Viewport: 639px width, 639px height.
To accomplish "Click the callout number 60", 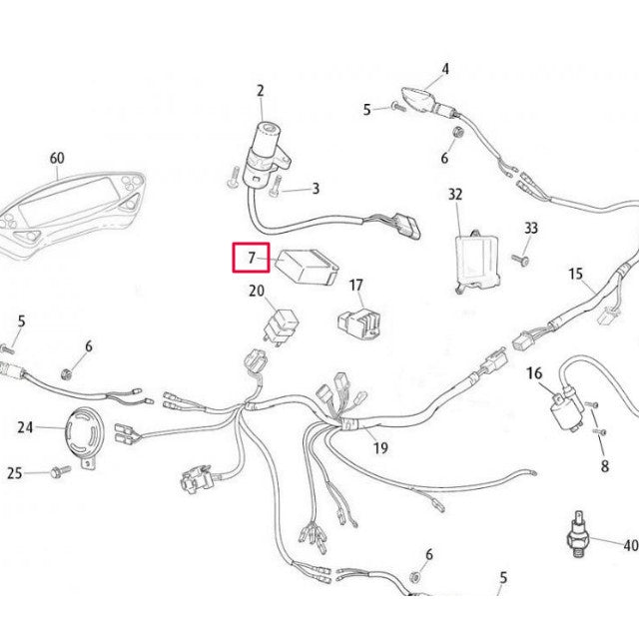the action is pyautogui.click(x=57, y=158).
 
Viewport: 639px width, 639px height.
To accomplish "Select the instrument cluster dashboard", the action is pyautogui.click(x=71, y=215).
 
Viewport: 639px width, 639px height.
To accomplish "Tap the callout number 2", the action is pyautogui.click(x=261, y=91).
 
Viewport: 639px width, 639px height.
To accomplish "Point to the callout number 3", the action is pyautogui.click(x=316, y=189).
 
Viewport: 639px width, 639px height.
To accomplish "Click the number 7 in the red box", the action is pyautogui.click(x=252, y=258).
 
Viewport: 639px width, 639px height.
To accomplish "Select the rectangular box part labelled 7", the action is pyautogui.click(x=308, y=266).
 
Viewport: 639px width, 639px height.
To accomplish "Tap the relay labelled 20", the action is pyautogui.click(x=282, y=326).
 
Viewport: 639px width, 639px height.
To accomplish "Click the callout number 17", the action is pyautogui.click(x=356, y=285).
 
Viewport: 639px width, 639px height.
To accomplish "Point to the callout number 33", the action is pyautogui.click(x=531, y=228).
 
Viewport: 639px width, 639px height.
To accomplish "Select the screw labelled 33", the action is pyautogui.click(x=520, y=260).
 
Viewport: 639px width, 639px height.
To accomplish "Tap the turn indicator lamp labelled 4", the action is pyautogui.click(x=428, y=101).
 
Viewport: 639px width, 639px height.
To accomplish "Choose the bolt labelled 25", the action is pyautogui.click(x=60, y=472).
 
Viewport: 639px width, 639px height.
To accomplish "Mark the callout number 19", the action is pyautogui.click(x=380, y=447).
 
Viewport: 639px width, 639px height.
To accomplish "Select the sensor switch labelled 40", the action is pyautogui.click(x=579, y=534).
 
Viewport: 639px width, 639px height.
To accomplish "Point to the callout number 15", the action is pyautogui.click(x=575, y=274).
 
